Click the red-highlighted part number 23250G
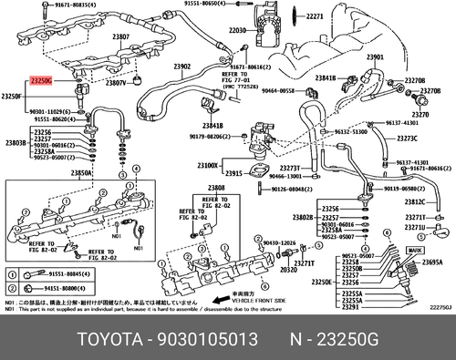pyautogui.click(x=41, y=81)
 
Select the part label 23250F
pyautogui.click(x=13, y=96)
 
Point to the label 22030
pyautogui.click(x=237, y=30)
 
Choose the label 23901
pyautogui.click(x=375, y=57)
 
